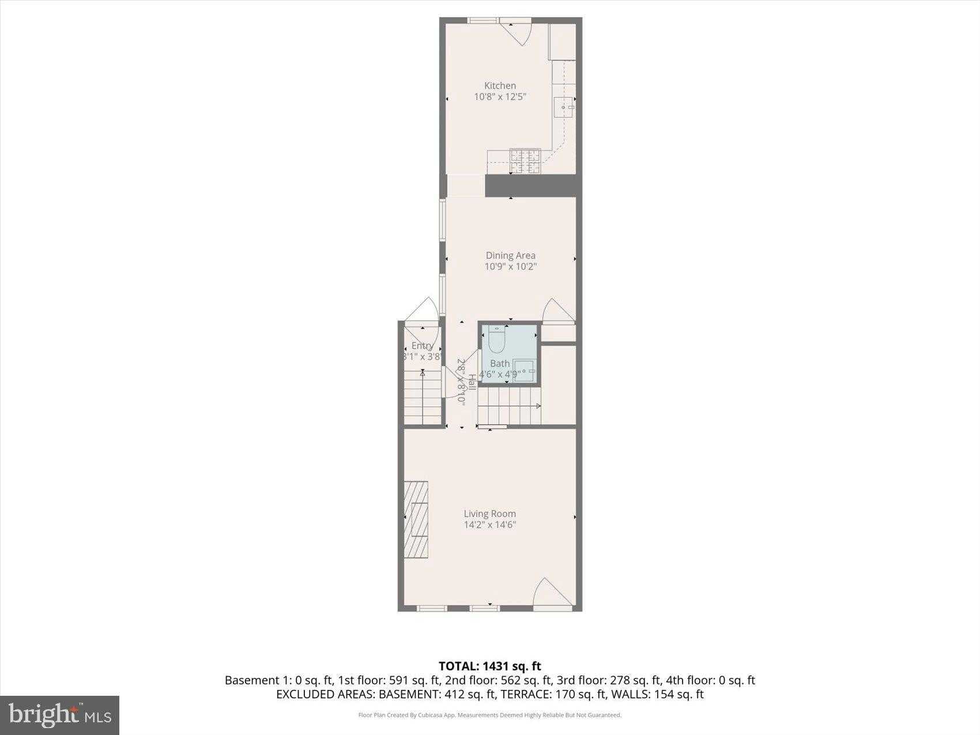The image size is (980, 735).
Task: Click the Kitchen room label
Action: pos(500,86)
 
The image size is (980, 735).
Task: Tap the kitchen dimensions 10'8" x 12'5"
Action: pos(500,97)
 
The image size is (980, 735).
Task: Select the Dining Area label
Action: pos(510,255)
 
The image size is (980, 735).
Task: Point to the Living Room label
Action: pos(489,514)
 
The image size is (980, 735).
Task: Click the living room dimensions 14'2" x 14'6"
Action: pos(489,525)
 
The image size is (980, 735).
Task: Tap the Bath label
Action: pos(500,364)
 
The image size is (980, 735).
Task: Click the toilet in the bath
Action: pos(496,340)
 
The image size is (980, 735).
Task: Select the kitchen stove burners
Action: pos(525,161)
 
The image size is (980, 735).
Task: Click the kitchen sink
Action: pos(564,107)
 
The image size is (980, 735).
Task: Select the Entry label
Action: pos(422,346)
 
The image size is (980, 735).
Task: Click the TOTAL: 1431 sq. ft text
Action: pos(489,666)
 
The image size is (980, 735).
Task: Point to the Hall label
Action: pos(472,382)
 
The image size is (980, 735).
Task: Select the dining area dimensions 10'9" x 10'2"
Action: pos(510,266)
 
